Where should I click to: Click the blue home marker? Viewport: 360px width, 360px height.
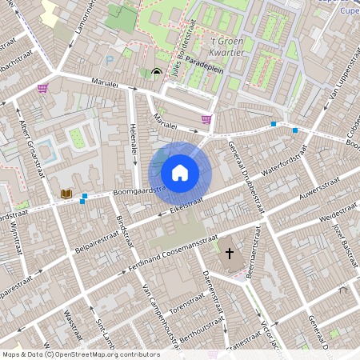pos(180,172)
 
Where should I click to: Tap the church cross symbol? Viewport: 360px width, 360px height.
pos(230,254)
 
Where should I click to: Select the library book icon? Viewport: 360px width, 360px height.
pos(66,194)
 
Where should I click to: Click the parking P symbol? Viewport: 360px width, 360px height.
pos(110,60)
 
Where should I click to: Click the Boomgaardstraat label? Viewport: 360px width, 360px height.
pos(120,190)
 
